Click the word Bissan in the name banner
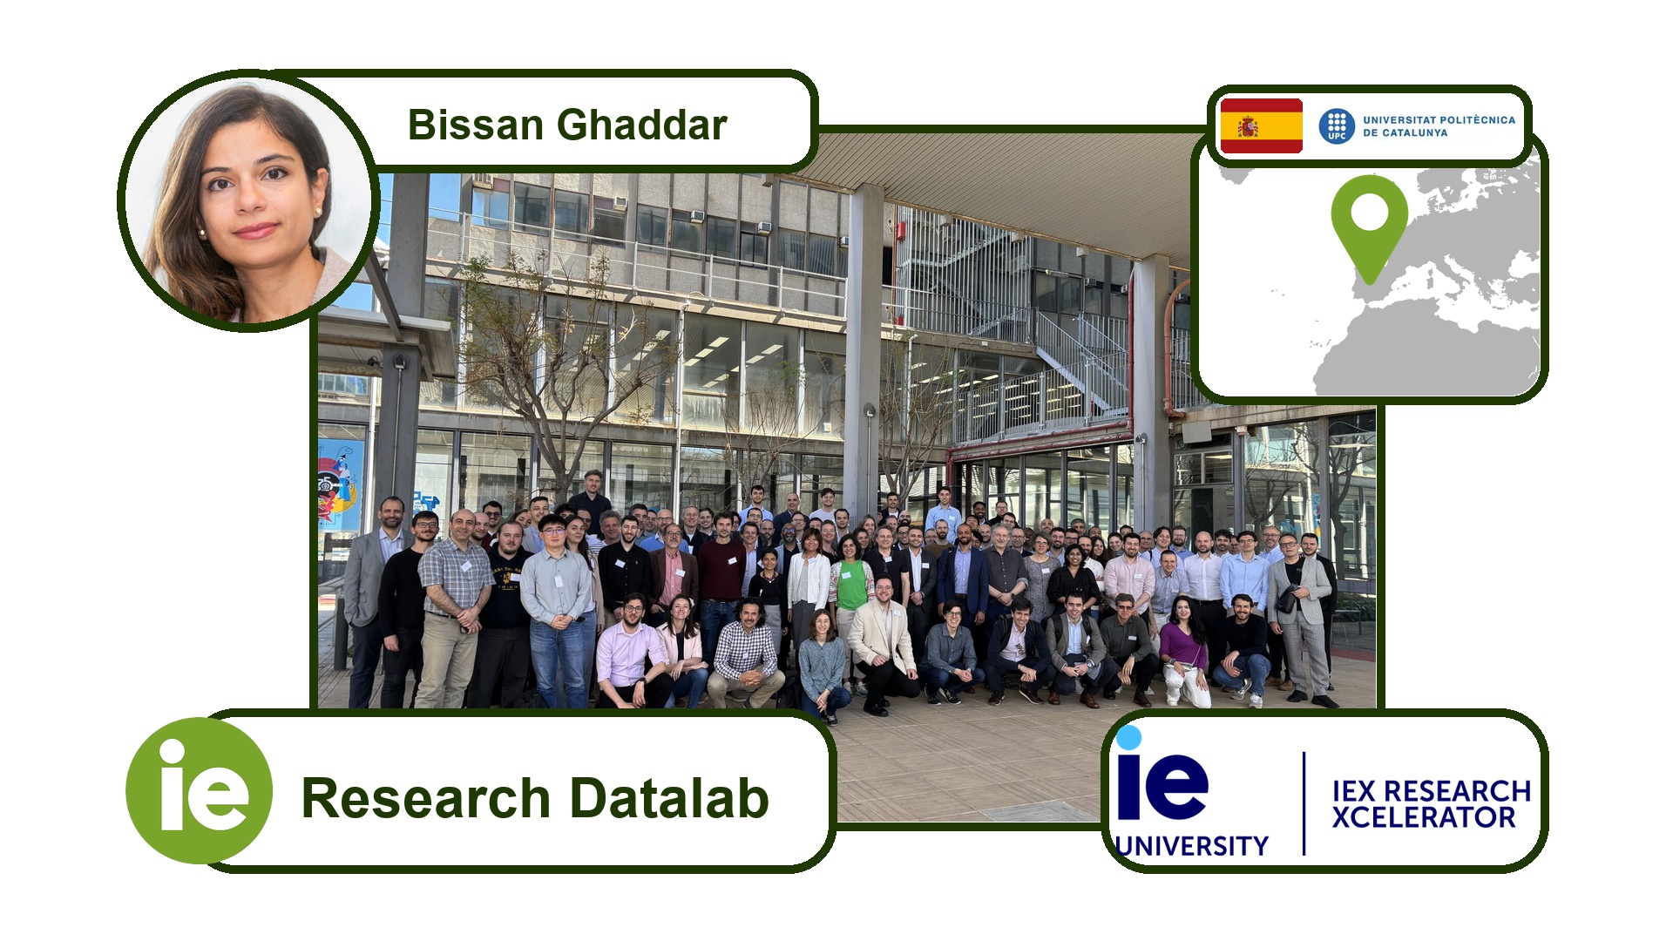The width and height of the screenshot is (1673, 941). [476, 125]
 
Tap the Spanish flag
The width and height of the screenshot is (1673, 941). [1261, 125]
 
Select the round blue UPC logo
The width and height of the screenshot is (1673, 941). [1337, 126]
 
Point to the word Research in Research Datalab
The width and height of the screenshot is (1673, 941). [426, 798]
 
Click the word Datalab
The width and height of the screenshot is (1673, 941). [669, 798]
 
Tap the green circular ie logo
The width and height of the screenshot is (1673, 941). [200, 791]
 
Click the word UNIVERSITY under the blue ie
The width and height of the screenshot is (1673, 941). [1192, 846]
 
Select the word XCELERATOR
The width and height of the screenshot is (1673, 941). [1424, 817]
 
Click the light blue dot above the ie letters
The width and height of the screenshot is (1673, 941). [1129, 738]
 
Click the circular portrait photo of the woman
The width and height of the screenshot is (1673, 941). [248, 201]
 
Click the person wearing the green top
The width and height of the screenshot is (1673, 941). [850, 601]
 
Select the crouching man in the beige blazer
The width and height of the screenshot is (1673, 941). [882, 643]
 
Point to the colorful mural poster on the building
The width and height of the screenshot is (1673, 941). [341, 484]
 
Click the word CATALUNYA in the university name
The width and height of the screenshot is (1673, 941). [1415, 133]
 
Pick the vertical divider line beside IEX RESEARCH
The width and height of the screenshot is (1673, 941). [1304, 803]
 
